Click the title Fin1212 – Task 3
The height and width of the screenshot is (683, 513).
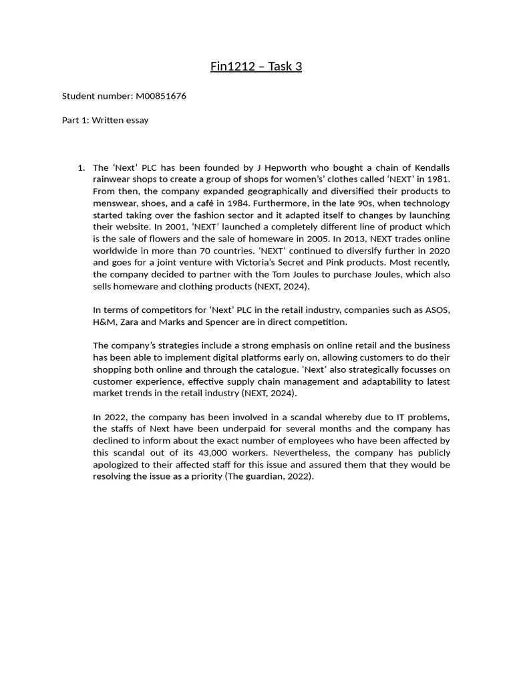[256, 67]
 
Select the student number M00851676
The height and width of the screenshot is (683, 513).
[160, 96]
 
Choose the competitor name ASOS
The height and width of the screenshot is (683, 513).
[436, 310]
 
